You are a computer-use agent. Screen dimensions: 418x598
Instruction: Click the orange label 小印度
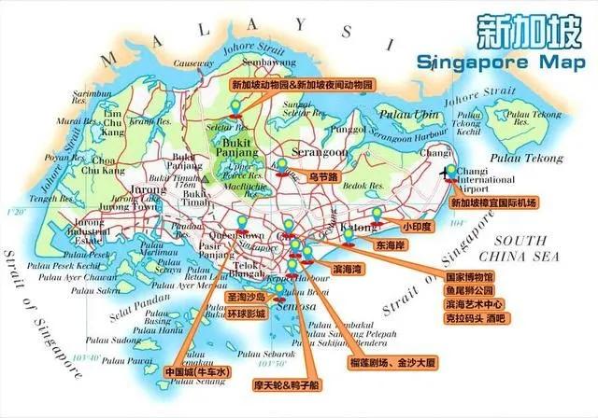point(416,226)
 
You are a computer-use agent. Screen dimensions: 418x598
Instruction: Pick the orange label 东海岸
point(391,244)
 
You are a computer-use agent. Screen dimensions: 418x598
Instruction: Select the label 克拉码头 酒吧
point(476,318)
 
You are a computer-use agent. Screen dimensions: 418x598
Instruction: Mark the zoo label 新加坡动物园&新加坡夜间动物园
point(302,84)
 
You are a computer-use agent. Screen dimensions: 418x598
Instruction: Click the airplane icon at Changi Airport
point(447,171)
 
